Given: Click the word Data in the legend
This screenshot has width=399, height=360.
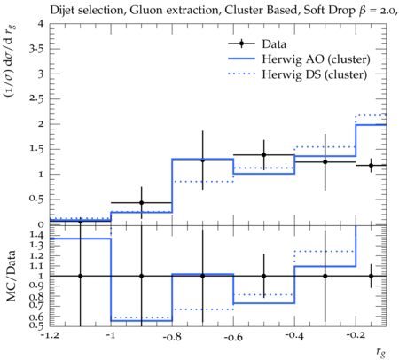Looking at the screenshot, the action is pyautogui.click(x=274, y=44).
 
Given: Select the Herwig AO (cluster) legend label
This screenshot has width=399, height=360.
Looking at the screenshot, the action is pyautogui.click(x=316, y=59).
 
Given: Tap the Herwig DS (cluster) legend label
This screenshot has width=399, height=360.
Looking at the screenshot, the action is pyautogui.click(x=315, y=74).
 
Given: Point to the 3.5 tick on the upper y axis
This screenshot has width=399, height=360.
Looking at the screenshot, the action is pyautogui.click(x=36, y=49).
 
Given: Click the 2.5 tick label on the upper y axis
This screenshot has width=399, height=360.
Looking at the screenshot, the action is pyautogui.click(x=36, y=98).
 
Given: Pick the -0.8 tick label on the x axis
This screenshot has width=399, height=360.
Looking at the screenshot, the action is pyautogui.click(x=172, y=337).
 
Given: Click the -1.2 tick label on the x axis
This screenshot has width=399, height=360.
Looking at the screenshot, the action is pyautogui.click(x=50, y=336).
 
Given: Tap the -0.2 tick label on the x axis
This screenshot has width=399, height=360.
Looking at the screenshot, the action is pyautogui.click(x=356, y=336).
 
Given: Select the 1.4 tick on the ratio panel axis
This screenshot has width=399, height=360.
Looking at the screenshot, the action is pyautogui.click(x=37, y=235).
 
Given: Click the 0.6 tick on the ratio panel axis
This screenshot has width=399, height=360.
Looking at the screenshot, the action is pyautogui.click(x=37, y=317).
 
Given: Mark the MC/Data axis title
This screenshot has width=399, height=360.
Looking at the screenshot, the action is pyautogui.click(x=12, y=276).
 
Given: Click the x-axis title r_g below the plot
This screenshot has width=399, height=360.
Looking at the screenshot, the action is pyautogui.click(x=381, y=352).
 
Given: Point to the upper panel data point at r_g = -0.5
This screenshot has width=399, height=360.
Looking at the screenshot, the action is pyautogui.click(x=264, y=155).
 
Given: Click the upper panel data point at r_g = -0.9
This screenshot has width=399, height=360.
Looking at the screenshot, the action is pyautogui.click(x=142, y=203).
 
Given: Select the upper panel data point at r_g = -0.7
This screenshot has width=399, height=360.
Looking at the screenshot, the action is pyautogui.click(x=203, y=160).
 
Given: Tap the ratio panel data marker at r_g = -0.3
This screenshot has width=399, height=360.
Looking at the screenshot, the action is pyautogui.click(x=325, y=276).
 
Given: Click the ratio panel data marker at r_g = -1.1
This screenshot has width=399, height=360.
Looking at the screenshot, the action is pyautogui.click(x=81, y=276).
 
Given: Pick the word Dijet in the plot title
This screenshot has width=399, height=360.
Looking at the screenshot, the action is pyautogui.click(x=62, y=11).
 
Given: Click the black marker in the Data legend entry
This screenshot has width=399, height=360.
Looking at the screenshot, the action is pyautogui.click(x=241, y=43).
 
